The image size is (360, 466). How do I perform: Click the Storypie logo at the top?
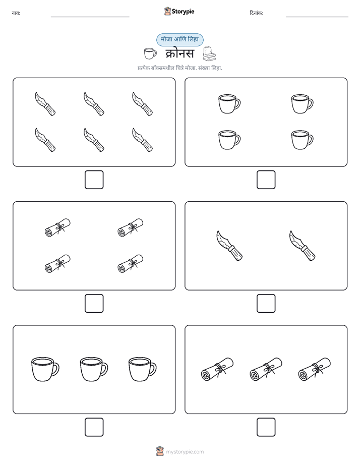pyautogui.click(x=179, y=12)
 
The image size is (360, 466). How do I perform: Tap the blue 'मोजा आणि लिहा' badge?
pyautogui.click(x=179, y=40)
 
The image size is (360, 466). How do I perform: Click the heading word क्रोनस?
pyautogui.click(x=179, y=54)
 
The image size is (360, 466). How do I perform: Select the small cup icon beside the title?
pyautogui.click(x=150, y=53)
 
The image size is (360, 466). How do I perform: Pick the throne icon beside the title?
pyautogui.click(x=209, y=53)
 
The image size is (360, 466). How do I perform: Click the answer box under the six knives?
pyautogui.click(x=94, y=180)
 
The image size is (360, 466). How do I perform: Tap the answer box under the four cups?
pyautogui.click(x=266, y=180)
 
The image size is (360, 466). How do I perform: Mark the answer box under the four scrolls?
pyautogui.click(x=94, y=304)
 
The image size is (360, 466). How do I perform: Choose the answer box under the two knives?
pyautogui.click(x=266, y=304)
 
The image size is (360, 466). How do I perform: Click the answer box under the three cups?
pyautogui.click(x=94, y=427)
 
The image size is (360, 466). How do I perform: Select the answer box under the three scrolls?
pyautogui.click(x=266, y=427)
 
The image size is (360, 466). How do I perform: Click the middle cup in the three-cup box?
pyautogui.click(x=94, y=369)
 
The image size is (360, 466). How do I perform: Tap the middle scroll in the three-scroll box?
pyautogui.click(x=266, y=369)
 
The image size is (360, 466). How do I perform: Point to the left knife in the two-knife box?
pyautogui.click(x=229, y=246)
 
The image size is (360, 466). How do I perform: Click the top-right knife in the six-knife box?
pyautogui.click(x=142, y=104)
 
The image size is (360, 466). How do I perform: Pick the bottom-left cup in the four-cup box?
pyautogui.click(x=229, y=140)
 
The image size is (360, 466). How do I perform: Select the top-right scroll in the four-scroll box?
pyautogui.click(x=131, y=227)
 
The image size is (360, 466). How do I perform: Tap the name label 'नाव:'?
pyautogui.click(x=16, y=13)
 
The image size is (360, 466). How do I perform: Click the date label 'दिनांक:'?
pyautogui.click(x=257, y=13)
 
